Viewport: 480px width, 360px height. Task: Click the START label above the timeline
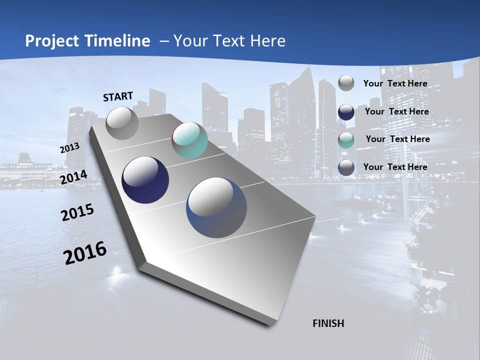click(x=118, y=96)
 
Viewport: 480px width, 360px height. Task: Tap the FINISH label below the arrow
click(x=328, y=323)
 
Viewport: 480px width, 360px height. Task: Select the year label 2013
click(x=69, y=148)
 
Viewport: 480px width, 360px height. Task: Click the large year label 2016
click(x=85, y=253)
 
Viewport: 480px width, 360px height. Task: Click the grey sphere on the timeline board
click(x=122, y=123)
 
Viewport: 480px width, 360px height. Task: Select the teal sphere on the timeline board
click(x=189, y=140)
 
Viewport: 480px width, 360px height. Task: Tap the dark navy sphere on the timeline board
click(x=145, y=180)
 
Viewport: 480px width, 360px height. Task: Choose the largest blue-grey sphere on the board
click(x=216, y=207)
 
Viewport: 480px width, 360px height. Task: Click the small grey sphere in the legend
click(x=346, y=83)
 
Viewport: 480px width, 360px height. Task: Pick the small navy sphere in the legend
click(x=346, y=112)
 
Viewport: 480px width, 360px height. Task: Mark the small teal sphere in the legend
click(x=346, y=140)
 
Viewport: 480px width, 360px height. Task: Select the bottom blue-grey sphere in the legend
click(x=346, y=167)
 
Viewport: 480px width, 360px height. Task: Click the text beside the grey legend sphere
click(x=395, y=84)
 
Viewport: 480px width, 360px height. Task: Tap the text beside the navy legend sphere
click(x=396, y=111)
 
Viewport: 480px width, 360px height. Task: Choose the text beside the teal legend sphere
click(x=397, y=139)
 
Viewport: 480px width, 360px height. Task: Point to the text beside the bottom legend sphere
click(x=395, y=167)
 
